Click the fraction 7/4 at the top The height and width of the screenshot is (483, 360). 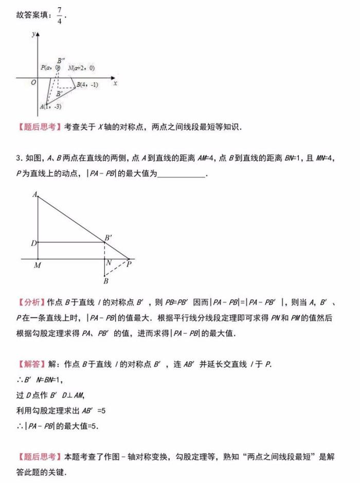pyautogui.click(x=60, y=15)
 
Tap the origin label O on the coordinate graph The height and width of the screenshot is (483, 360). pyautogui.click(x=33, y=83)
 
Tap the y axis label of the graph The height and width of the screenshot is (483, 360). pyautogui.click(x=32, y=34)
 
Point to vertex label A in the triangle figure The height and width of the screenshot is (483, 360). pyautogui.click(x=34, y=194)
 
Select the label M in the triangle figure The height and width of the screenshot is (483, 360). pyautogui.click(x=37, y=265)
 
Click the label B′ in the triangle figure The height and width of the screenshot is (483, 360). pyautogui.click(x=109, y=238)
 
